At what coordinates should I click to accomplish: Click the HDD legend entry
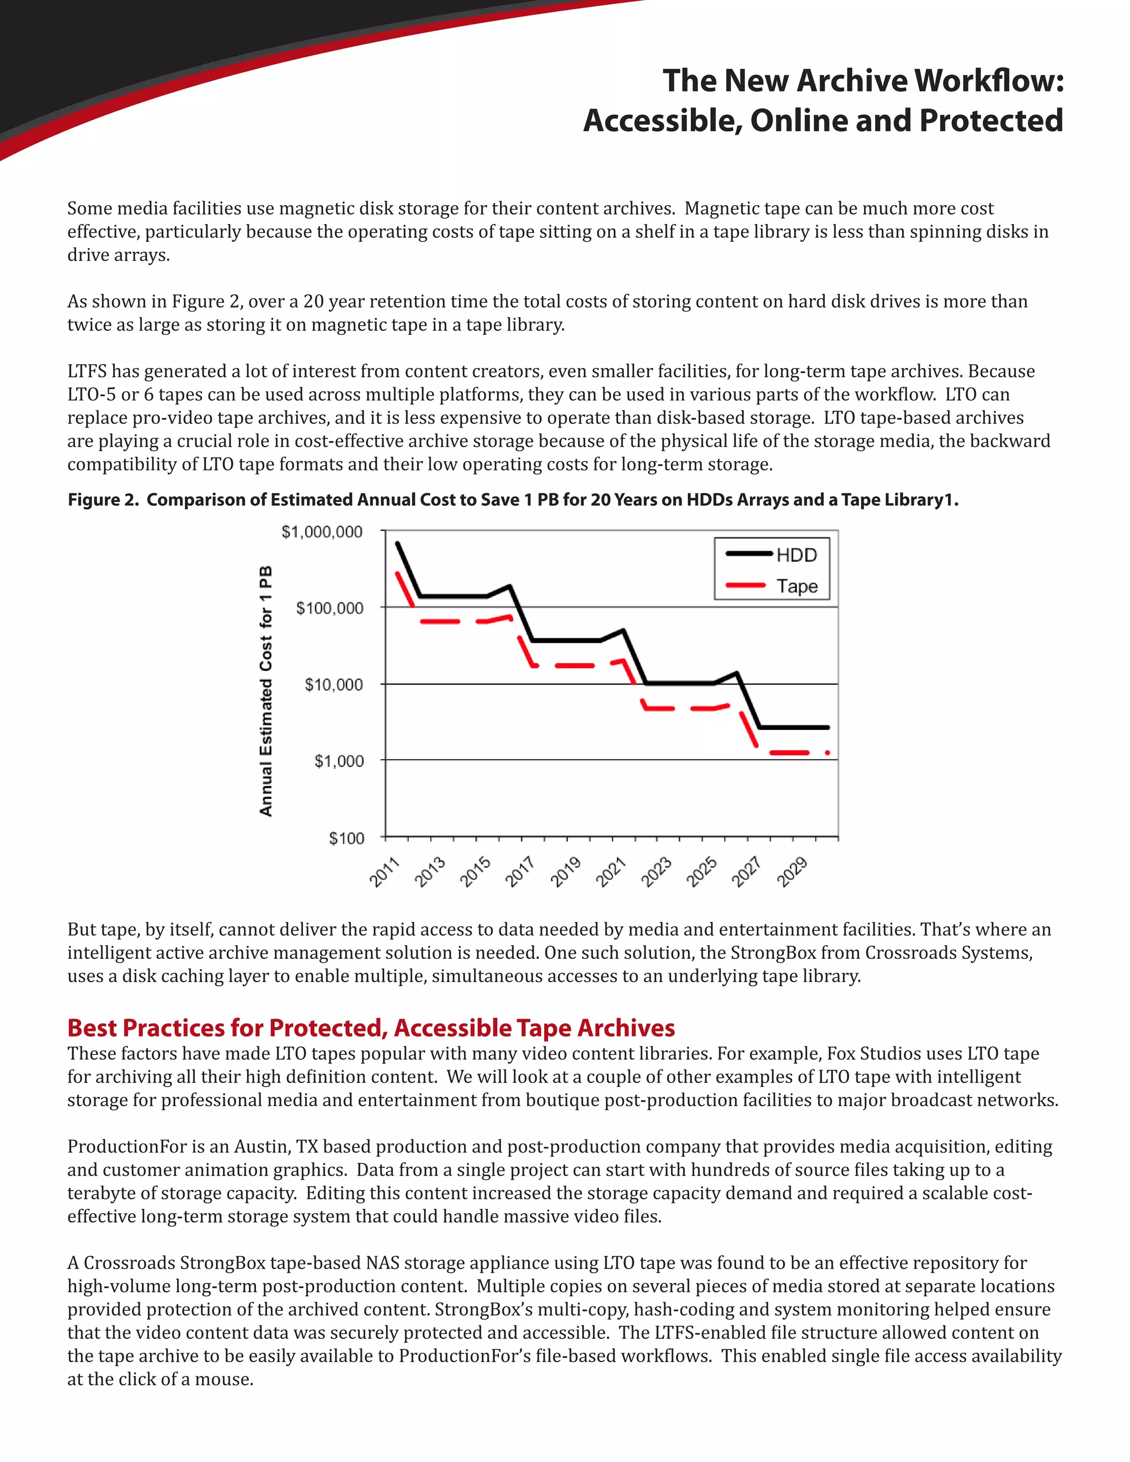796,555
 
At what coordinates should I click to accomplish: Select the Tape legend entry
797,586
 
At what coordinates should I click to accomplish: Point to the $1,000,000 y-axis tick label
322,532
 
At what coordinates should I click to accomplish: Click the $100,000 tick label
329,609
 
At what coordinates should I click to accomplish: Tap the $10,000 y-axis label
333,685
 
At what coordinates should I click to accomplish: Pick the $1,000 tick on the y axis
339,761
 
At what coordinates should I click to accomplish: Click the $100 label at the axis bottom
346,838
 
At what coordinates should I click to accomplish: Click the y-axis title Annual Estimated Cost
266,690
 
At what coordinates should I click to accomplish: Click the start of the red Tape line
397,574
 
